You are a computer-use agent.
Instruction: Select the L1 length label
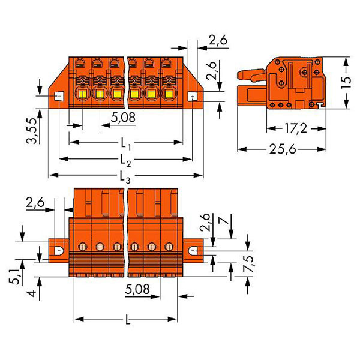coord(125,144)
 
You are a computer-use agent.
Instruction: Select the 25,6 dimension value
coord(282,149)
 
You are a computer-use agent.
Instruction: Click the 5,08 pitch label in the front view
coord(122,118)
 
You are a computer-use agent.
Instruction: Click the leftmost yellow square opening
coord(80,94)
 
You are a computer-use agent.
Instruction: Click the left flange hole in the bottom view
coord(60,251)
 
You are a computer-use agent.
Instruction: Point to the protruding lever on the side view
coord(250,76)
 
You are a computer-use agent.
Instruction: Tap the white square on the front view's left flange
coord(59,96)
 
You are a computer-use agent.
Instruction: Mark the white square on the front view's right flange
coord(193,96)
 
